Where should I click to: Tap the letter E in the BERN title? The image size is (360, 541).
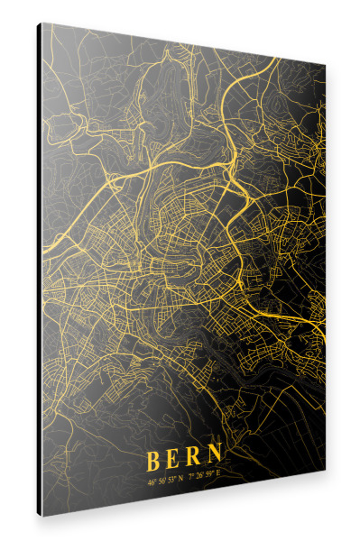[176, 460]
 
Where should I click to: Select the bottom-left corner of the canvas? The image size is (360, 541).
[43, 514]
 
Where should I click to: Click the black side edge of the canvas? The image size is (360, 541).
[40, 270]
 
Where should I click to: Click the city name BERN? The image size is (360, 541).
[186, 459]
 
